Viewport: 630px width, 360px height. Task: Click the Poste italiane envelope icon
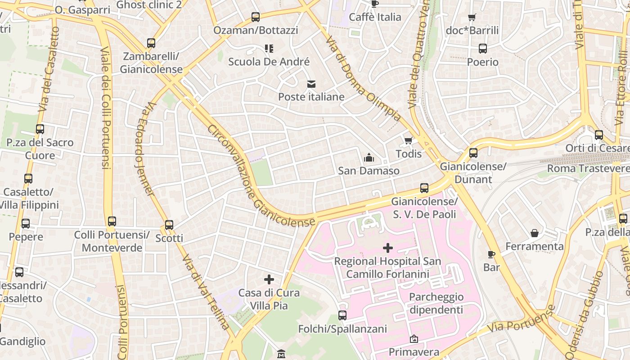pyautogui.click(x=311, y=84)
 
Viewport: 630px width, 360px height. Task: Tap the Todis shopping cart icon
pyautogui.click(x=409, y=141)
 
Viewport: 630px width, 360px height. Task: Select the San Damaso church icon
pyautogui.click(x=369, y=157)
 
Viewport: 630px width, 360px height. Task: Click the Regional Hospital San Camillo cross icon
pyautogui.click(x=387, y=248)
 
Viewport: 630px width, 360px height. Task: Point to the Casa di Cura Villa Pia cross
pyautogui.click(x=269, y=279)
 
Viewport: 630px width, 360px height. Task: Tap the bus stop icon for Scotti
pyautogui.click(x=169, y=225)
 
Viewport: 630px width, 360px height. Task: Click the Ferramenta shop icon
pyautogui.click(x=535, y=233)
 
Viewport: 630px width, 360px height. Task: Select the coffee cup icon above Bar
pyautogui.click(x=491, y=254)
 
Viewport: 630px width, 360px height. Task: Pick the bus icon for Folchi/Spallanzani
pyautogui.click(x=342, y=315)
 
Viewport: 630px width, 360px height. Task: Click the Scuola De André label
pyautogui.click(x=269, y=62)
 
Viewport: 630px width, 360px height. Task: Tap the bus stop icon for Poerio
pyautogui.click(x=483, y=49)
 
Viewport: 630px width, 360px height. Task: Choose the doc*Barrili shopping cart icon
pyautogui.click(x=472, y=18)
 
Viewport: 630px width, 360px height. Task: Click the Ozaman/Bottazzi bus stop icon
pyautogui.click(x=256, y=17)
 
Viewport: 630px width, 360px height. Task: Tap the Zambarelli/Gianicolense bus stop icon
pyautogui.click(x=151, y=43)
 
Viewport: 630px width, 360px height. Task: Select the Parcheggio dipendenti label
pyautogui.click(x=436, y=303)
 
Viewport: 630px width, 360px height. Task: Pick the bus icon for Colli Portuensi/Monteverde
pyautogui.click(x=112, y=221)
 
